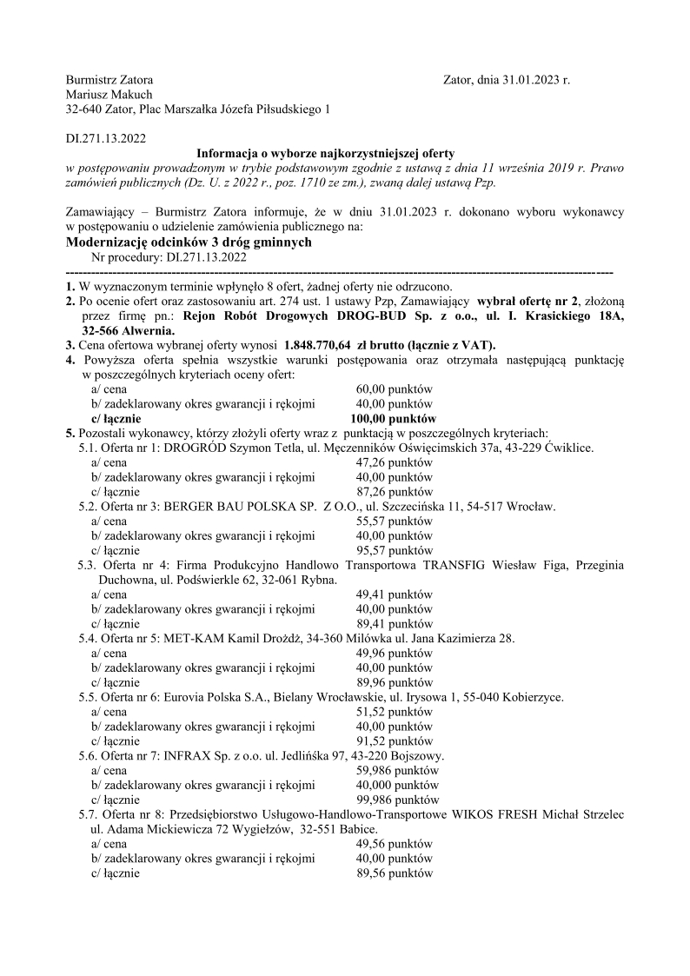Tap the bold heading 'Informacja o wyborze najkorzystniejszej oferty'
pos(326,152)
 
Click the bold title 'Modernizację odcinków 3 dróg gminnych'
pos(189,242)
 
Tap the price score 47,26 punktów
pos(395,462)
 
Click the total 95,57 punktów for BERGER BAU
pos(395,550)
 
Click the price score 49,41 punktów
pos(395,594)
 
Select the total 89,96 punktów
pos(395,682)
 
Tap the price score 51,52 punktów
pos(395,712)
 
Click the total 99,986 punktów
pos(398,800)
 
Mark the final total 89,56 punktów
pos(395,873)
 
